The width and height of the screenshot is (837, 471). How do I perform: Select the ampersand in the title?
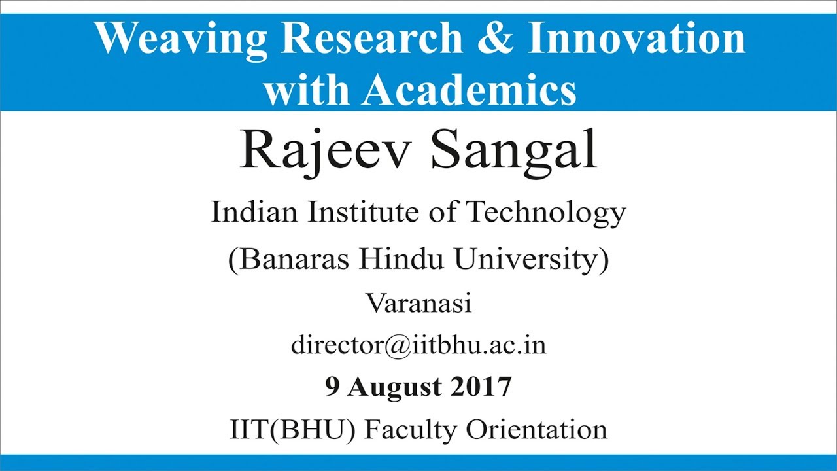click(496, 39)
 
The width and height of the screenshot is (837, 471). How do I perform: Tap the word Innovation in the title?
click(636, 39)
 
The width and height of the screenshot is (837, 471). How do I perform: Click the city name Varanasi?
click(418, 304)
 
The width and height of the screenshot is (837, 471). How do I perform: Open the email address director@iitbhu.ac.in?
click(418, 345)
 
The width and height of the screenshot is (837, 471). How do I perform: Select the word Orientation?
click(536, 430)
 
